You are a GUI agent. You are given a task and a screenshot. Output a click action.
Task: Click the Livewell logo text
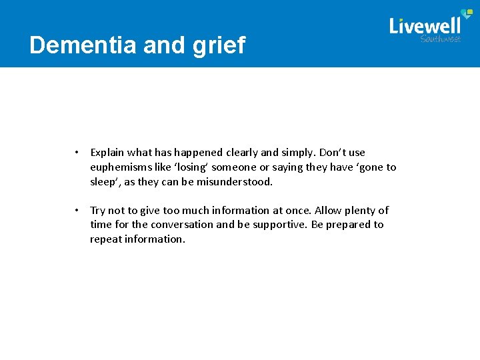pos(425,26)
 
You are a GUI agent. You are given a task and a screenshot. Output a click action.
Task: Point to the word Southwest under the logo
pos(440,39)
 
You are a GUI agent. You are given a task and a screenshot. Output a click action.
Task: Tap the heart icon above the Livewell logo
pos(466,14)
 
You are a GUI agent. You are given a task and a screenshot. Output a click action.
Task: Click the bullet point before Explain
pos(77,153)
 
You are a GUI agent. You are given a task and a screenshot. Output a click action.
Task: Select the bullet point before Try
pos(77,211)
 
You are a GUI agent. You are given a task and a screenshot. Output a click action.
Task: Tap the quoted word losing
pos(191,167)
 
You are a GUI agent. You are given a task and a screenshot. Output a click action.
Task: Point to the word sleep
pos(103,182)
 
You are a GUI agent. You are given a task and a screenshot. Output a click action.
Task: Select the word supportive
pos(279,225)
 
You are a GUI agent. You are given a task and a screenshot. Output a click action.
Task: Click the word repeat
pos(106,239)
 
